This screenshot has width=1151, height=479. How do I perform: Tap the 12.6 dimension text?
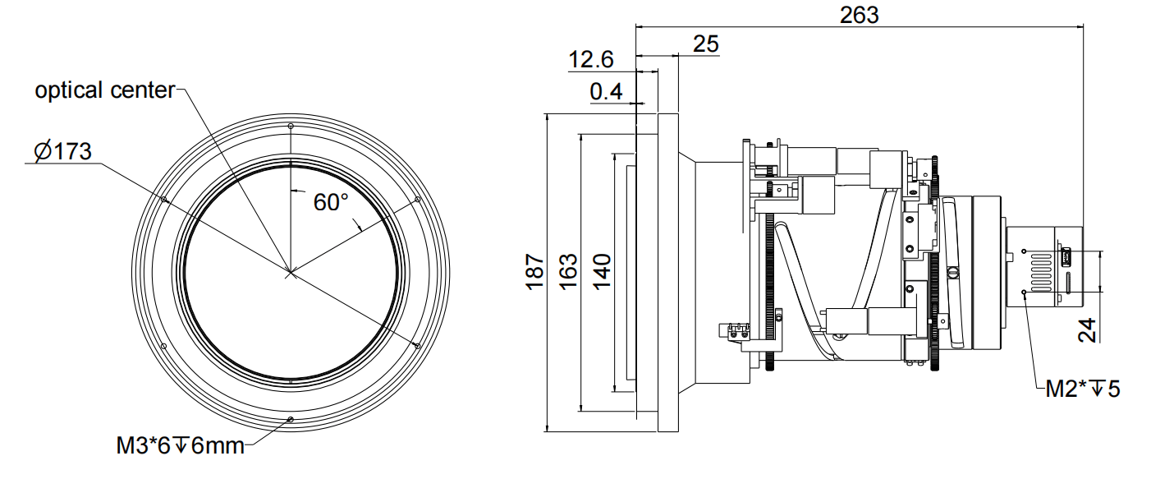pos(591,59)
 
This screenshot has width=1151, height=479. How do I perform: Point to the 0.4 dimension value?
pos(606,91)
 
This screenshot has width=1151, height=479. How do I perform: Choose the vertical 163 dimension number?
pos(567,269)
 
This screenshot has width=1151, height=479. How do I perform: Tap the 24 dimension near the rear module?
pos(1088,329)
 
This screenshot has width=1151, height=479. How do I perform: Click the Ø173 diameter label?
pos(62,152)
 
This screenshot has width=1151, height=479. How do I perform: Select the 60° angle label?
pos(331,202)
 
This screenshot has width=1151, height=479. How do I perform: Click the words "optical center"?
pos(104,90)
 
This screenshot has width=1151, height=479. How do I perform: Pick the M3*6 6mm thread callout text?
pos(180,447)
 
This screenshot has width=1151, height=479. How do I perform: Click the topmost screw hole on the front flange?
pos(291,126)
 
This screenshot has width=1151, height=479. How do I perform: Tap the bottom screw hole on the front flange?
pos(291,420)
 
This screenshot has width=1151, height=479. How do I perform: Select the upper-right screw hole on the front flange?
pos(418,199)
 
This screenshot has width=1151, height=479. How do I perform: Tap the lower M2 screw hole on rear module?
pos(1023,292)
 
